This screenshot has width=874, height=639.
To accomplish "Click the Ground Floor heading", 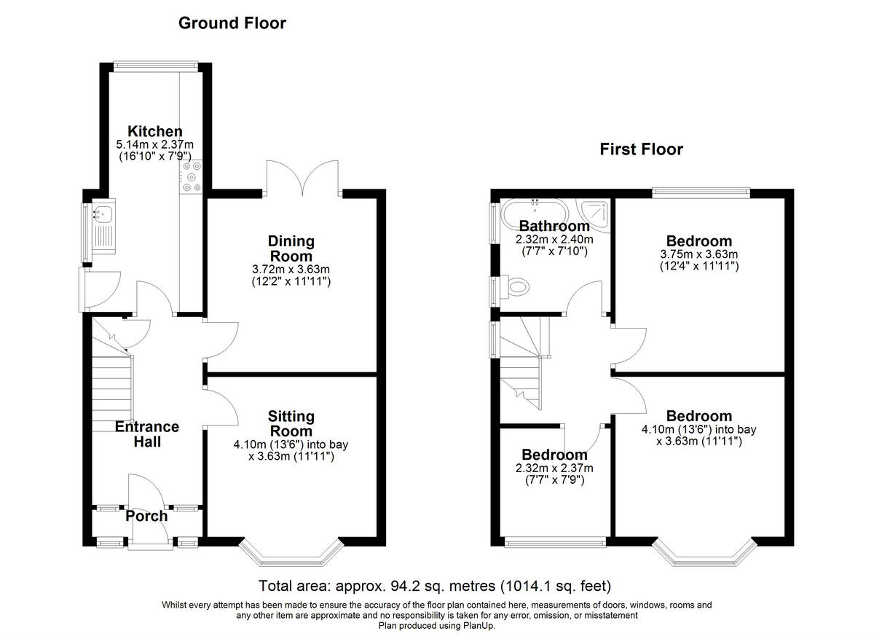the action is click(x=232, y=23).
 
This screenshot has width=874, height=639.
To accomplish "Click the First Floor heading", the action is click(x=641, y=149).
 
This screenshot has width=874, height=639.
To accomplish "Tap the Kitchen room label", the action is click(x=155, y=131).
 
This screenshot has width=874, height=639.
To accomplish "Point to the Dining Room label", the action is click(x=291, y=248).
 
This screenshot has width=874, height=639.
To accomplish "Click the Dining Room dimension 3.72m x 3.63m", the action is click(x=291, y=270).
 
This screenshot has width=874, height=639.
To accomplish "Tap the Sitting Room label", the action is click(x=291, y=423).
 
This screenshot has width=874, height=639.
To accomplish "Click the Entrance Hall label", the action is click(x=146, y=434).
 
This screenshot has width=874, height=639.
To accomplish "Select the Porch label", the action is click(x=146, y=516).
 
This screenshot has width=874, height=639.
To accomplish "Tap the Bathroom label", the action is click(x=554, y=226).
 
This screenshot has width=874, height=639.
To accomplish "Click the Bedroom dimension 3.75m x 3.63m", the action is click(x=699, y=254).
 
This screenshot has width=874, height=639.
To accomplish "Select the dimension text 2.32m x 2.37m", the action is click(x=554, y=469).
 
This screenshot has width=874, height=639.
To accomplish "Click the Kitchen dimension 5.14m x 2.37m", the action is click(x=155, y=145).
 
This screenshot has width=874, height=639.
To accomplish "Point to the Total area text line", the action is click(x=436, y=586).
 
